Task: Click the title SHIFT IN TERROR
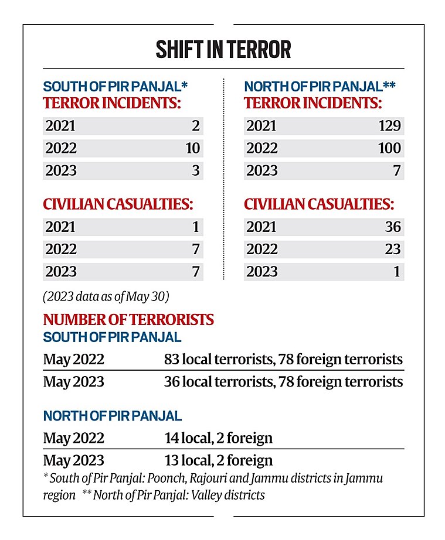[223, 50]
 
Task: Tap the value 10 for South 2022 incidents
[192, 148]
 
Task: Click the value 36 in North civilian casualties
[392, 227]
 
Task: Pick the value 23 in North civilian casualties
[392, 250]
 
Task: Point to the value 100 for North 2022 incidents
[389, 148]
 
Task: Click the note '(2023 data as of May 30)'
[106, 296]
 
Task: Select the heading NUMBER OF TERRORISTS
[128, 320]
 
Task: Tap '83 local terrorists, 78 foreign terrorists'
[283, 359]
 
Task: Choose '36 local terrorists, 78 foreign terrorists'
[283, 382]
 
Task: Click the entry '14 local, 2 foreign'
[218, 438]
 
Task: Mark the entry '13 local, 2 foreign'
[218, 460]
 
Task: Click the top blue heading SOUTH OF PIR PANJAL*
[116, 87]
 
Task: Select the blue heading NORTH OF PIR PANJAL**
[320, 87]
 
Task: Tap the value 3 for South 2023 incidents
[196, 171]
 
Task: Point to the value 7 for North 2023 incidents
[396, 171]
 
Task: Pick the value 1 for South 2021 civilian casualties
[196, 227]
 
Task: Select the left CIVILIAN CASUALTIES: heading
[118, 204]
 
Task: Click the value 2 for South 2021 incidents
[196, 126]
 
